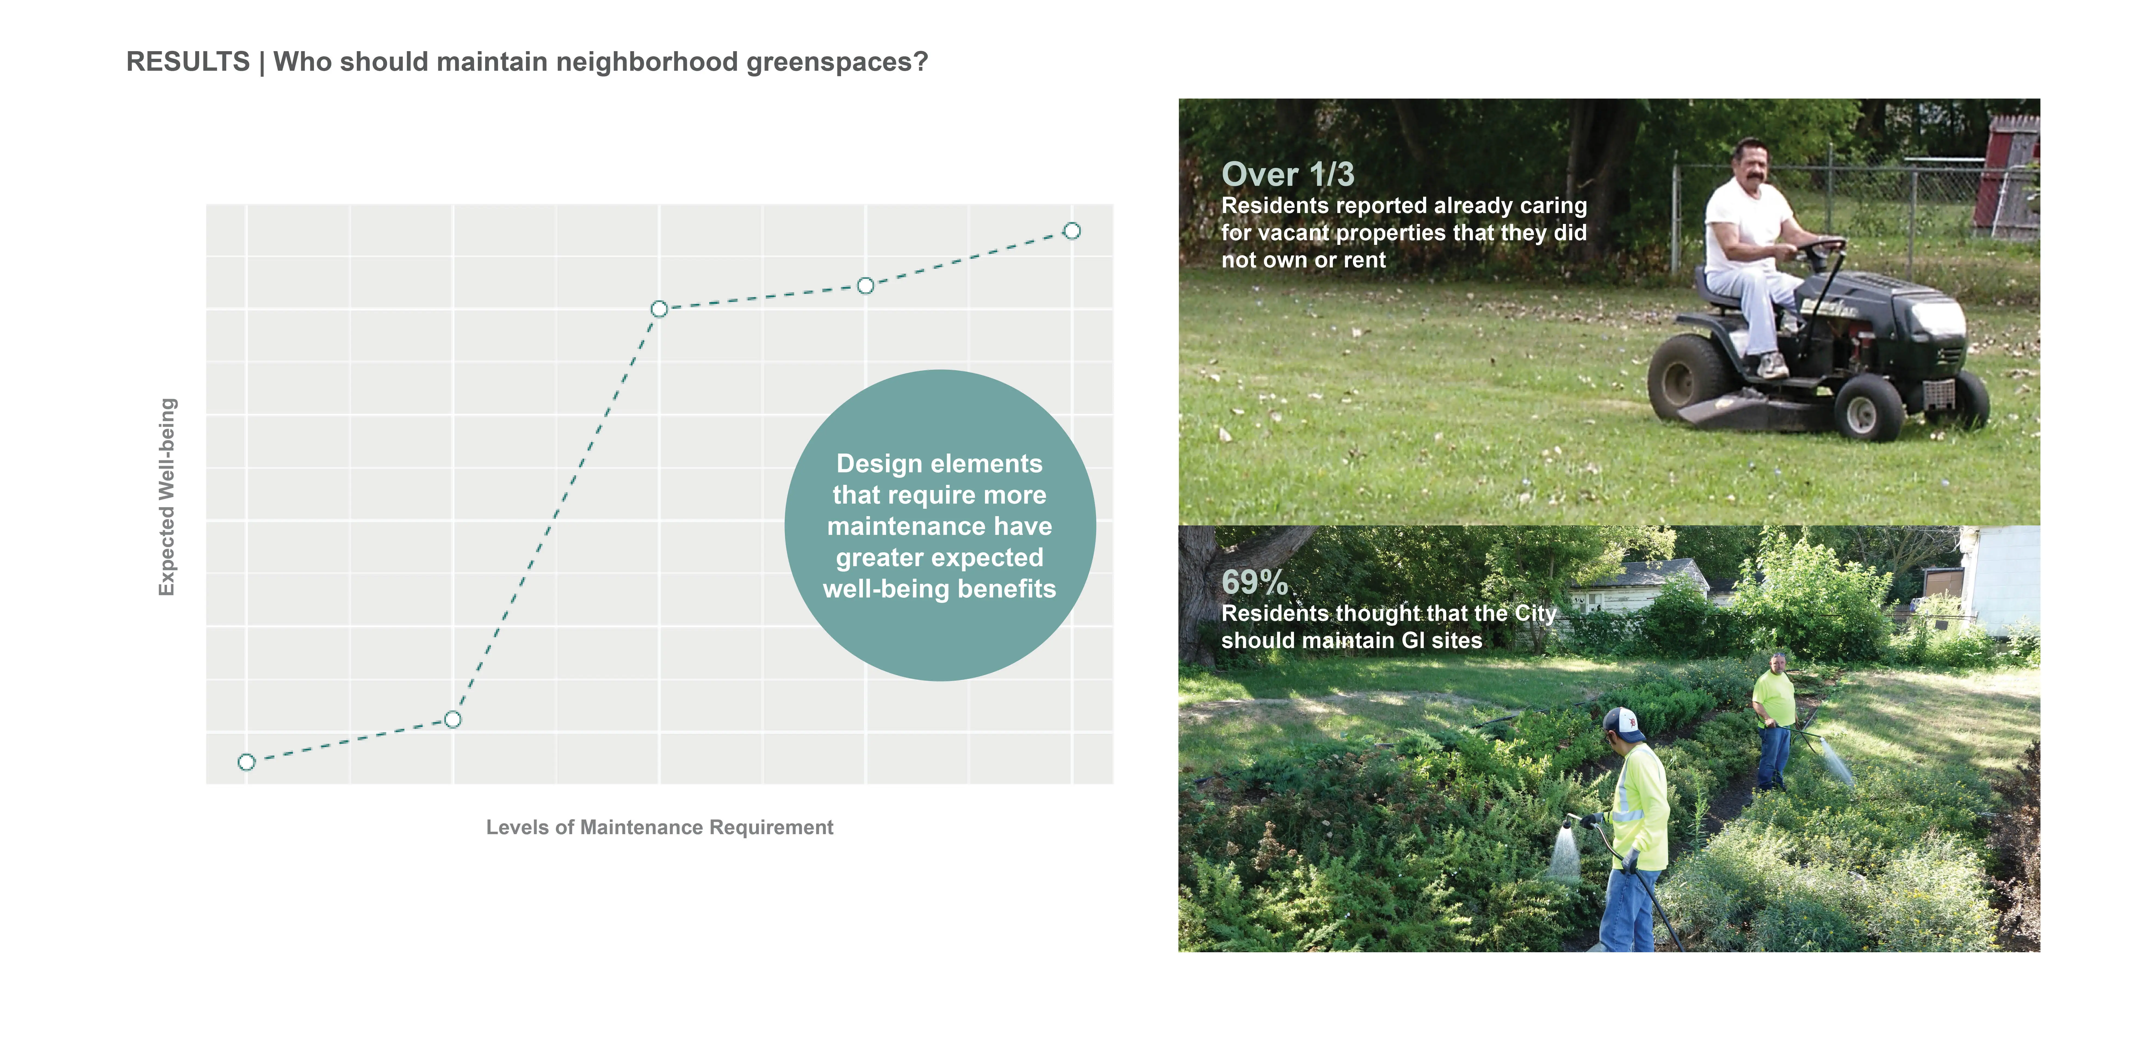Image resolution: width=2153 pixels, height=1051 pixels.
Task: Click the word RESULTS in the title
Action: pos(188,62)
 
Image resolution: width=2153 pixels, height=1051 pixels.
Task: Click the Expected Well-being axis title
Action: pos(167,497)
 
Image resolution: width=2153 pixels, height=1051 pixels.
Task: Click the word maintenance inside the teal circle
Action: pos(939,526)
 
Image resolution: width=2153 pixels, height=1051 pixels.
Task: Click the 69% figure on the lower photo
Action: pos(1254,582)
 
